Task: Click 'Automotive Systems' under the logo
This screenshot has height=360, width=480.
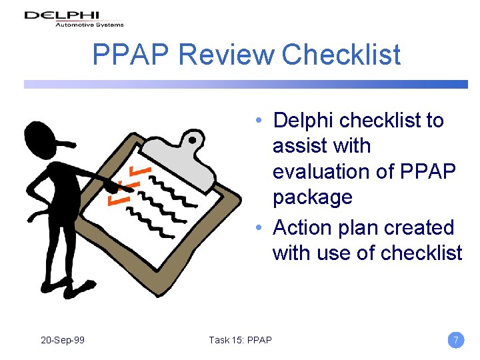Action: (89, 25)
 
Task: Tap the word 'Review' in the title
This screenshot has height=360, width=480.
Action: (226, 55)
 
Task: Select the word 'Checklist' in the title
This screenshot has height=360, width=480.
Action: (341, 55)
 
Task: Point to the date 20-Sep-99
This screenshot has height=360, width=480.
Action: (63, 340)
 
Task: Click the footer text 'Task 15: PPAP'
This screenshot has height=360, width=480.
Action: (240, 340)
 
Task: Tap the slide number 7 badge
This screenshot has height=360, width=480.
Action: (456, 340)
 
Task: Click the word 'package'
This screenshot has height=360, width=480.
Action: (312, 197)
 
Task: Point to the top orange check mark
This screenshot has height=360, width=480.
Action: (141, 173)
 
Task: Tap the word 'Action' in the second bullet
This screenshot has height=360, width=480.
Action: (305, 228)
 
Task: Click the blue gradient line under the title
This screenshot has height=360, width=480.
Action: (246, 85)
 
